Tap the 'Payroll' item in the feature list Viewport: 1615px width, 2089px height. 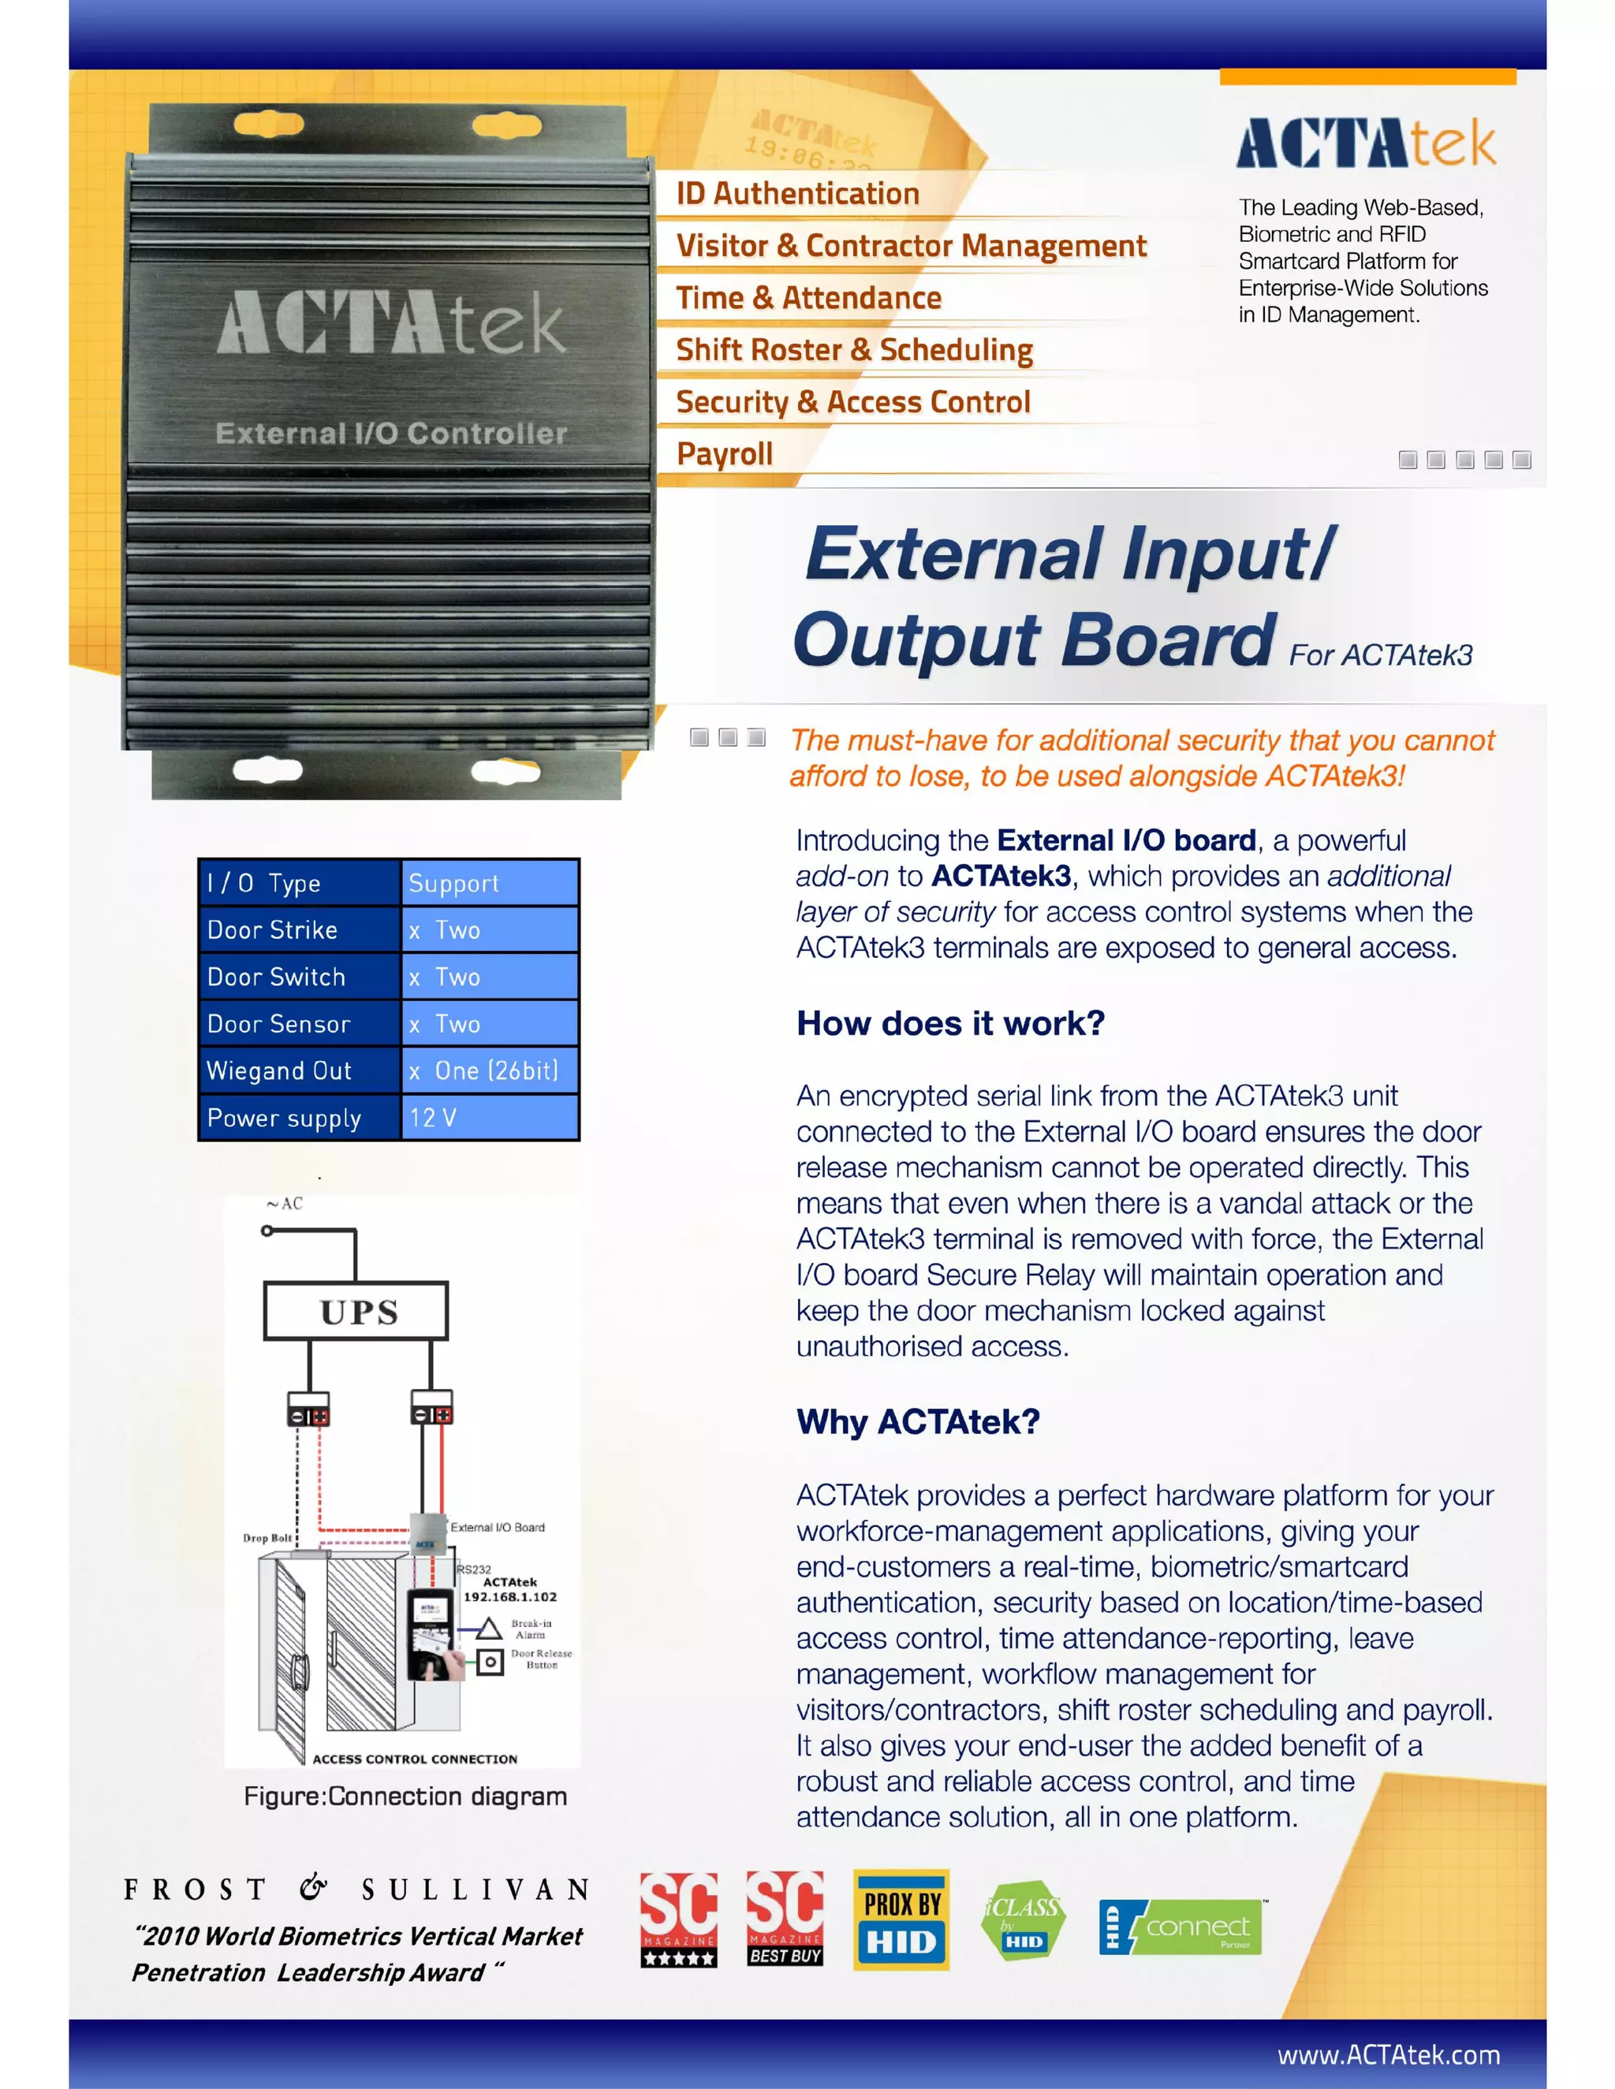[724, 453]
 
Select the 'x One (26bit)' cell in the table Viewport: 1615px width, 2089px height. [489, 1071]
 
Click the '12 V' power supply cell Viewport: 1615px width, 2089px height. [489, 1117]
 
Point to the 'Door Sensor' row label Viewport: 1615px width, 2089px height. [278, 1023]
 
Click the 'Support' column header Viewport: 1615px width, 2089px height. [489, 883]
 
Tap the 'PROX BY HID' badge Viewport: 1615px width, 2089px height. [901, 1920]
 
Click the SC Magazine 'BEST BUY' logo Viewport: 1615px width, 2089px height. [785, 1920]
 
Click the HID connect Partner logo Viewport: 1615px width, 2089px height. [1180, 1927]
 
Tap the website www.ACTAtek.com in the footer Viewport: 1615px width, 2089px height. [1388, 2054]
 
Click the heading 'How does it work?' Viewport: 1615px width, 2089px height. [950, 1023]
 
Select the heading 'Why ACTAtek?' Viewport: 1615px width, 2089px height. [918, 1421]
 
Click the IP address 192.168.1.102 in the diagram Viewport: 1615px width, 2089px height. [510, 1596]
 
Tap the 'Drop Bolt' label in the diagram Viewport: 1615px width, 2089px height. [267, 1538]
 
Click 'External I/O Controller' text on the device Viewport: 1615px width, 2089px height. [391, 434]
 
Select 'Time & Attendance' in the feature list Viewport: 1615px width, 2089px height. [808, 297]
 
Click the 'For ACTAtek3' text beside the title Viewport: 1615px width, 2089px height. [1380, 655]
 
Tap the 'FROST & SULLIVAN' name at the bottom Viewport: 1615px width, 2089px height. [356, 1889]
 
